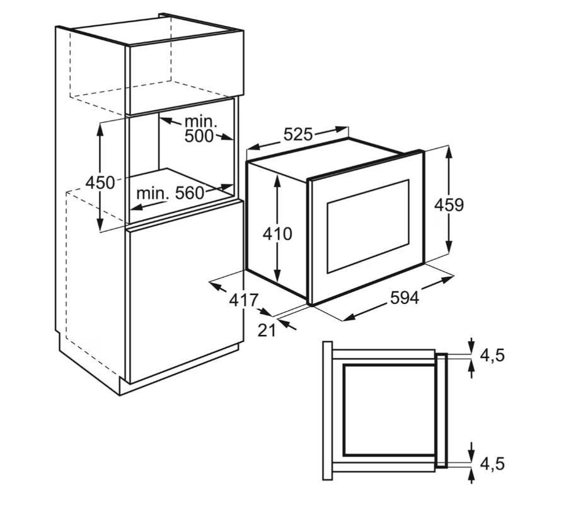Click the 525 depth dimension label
[298, 134]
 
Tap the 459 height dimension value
[449, 205]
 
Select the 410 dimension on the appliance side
[277, 234]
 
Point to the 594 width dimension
[405, 298]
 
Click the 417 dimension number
[243, 300]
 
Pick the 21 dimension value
[267, 330]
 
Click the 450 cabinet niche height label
[100, 182]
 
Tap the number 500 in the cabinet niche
[199, 136]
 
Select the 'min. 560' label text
[170, 193]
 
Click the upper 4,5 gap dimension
[492, 356]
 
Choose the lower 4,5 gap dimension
[492, 463]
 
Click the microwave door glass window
[368, 226]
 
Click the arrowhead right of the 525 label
[342, 129]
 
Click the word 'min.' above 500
[200, 121]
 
